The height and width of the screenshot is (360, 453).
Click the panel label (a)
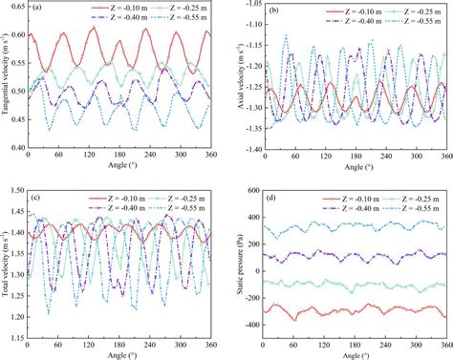pyautogui.click(x=37, y=10)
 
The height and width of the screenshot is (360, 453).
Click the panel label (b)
pyautogui.click(x=275, y=11)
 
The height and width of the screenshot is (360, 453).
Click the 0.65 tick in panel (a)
pyautogui.click(x=17, y=6)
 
